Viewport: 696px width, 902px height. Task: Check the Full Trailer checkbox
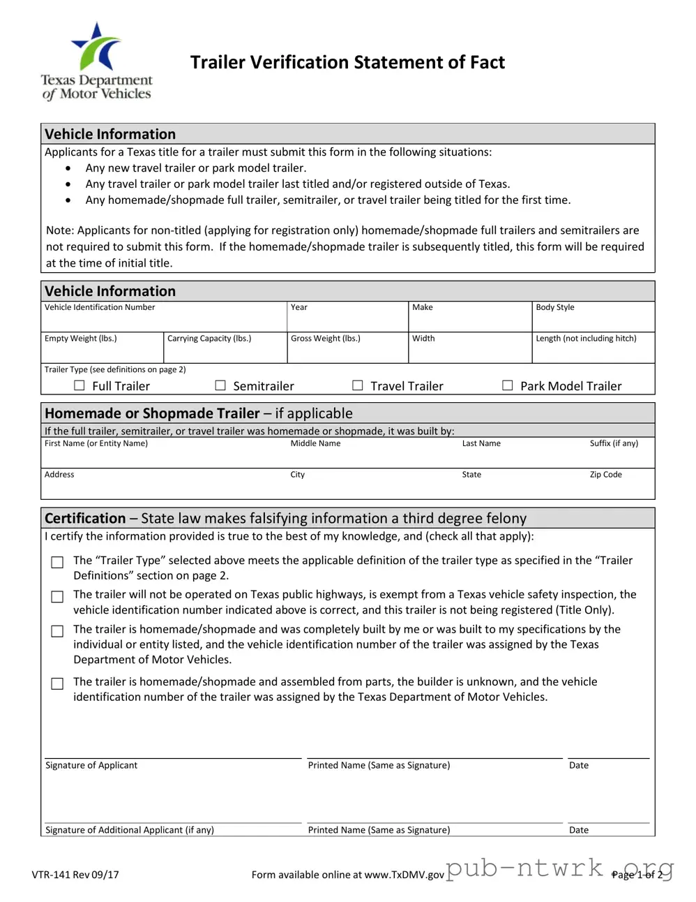pyautogui.click(x=80, y=385)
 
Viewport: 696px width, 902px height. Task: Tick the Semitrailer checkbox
pyautogui.click(x=220, y=385)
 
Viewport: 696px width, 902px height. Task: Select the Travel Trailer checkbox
pyautogui.click(x=358, y=385)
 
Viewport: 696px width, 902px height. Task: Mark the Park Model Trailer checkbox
pyautogui.click(x=508, y=385)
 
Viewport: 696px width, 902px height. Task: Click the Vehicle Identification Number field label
pyautogui.click(x=100, y=307)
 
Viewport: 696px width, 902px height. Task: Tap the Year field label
pyautogui.click(x=298, y=307)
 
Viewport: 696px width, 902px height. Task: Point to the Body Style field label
pyautogui.click(x=554, y=307)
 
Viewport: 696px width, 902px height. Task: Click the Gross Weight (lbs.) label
pyautogui.click(x=325, y=339)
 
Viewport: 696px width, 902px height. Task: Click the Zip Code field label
pyautogui.click(x=605, y=475)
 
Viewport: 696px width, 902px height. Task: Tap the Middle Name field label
pyautogui.click(x=315, y=443)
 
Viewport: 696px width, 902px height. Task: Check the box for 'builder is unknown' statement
pyautogui.click(x=58, y=683)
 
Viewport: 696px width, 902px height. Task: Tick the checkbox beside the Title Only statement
pyautogui.click(x=58, y=597)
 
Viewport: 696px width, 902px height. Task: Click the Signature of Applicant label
pyautogui.click(x=91, y=765)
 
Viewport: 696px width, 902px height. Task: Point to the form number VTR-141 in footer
pyautogui.click(x=75, y=875)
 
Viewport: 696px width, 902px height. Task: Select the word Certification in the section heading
pyautogui.click(x=85, y=518)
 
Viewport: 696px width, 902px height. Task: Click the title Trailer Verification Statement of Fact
pyautogui.click(x=347, y=63)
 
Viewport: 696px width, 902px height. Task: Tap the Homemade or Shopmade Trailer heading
pyautogui.click(x=152, y=413)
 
